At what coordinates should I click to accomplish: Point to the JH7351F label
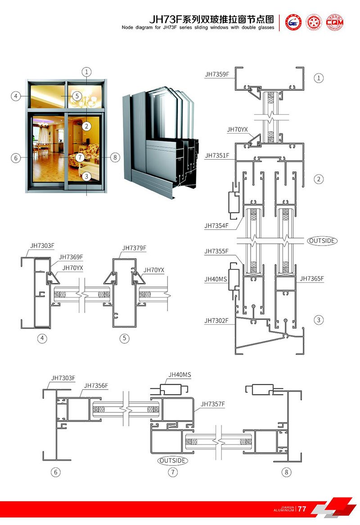point(217,156)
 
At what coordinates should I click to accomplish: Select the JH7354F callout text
point(217,225)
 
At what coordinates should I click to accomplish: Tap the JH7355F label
point(217,251)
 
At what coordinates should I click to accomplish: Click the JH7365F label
point(312,279)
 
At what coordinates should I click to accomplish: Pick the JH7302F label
point(217,321)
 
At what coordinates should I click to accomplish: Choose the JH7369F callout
point(71,257)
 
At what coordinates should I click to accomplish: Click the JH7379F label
point(134,248)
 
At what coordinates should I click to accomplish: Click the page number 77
point(302,509)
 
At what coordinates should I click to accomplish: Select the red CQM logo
point(334,22)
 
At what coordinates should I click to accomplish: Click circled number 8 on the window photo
point(115,157)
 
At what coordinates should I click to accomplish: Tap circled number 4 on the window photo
point(16,96)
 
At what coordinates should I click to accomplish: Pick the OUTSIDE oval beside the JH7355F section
point(322,241)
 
